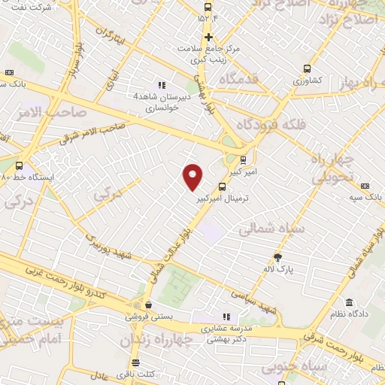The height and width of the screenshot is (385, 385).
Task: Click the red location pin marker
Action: tap(193, 176)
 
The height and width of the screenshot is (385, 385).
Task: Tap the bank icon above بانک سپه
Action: tap(365, 185)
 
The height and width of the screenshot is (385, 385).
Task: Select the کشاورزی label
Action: tap(307, 79)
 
